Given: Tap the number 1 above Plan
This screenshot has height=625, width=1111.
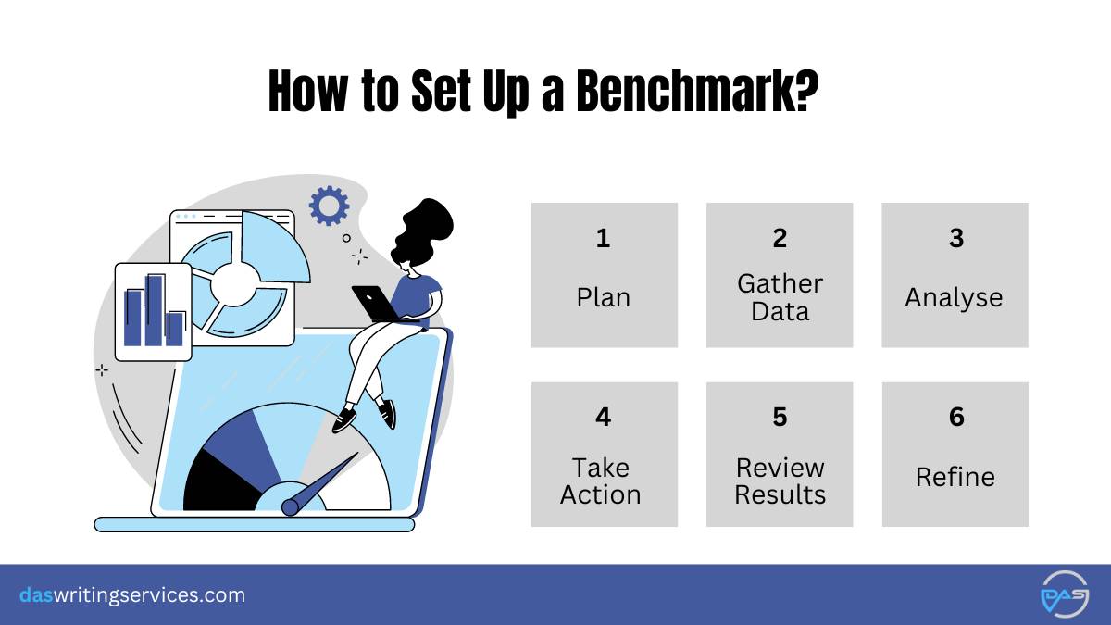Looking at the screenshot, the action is click(x=603, y=238).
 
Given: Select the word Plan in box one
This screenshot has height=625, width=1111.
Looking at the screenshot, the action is click(x=603, y=297).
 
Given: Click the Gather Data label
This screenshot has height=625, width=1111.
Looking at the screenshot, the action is click(x=780, y=297).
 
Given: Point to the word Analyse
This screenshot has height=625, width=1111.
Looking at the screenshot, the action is click(x=954, y=298).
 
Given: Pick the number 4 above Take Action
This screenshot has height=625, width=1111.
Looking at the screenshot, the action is click(x=603, y=417).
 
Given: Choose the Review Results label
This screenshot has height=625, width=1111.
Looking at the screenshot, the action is click(x=780, y=481).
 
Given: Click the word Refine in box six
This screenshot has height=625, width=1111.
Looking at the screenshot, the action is click(x=955, y=477).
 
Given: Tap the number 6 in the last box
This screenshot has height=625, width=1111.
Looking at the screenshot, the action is click(x=956, y=417).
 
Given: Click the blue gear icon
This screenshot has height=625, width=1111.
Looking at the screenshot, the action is click(x=329, y=206).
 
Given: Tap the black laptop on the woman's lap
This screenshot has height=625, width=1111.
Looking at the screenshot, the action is click(x=376, y=304).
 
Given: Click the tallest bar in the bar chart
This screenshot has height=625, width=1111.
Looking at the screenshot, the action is click(x=154, y=310).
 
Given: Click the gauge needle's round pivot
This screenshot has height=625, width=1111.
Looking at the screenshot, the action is click(x=290, y=507).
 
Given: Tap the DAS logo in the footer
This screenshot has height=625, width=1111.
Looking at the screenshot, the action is click(x=1065, y=594).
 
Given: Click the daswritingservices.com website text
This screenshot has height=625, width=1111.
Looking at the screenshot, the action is click(x=132, y=595).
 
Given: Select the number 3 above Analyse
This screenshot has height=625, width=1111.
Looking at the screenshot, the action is click(x=956, y=238).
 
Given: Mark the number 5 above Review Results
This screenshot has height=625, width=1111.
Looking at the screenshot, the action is click(x=780, y=417).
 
